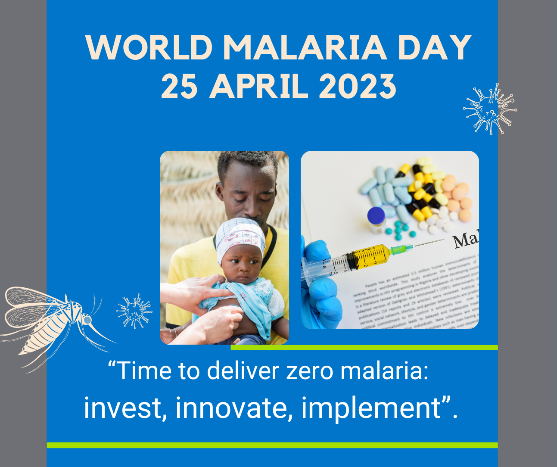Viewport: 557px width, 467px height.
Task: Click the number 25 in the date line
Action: point(179,86)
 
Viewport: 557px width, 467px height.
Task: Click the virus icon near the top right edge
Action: point(490,109)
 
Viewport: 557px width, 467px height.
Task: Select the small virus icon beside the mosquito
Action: point(134,311)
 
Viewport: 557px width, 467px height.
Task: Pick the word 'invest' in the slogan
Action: point(122,408)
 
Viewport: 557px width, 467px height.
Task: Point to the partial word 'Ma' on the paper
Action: point(465,240)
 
